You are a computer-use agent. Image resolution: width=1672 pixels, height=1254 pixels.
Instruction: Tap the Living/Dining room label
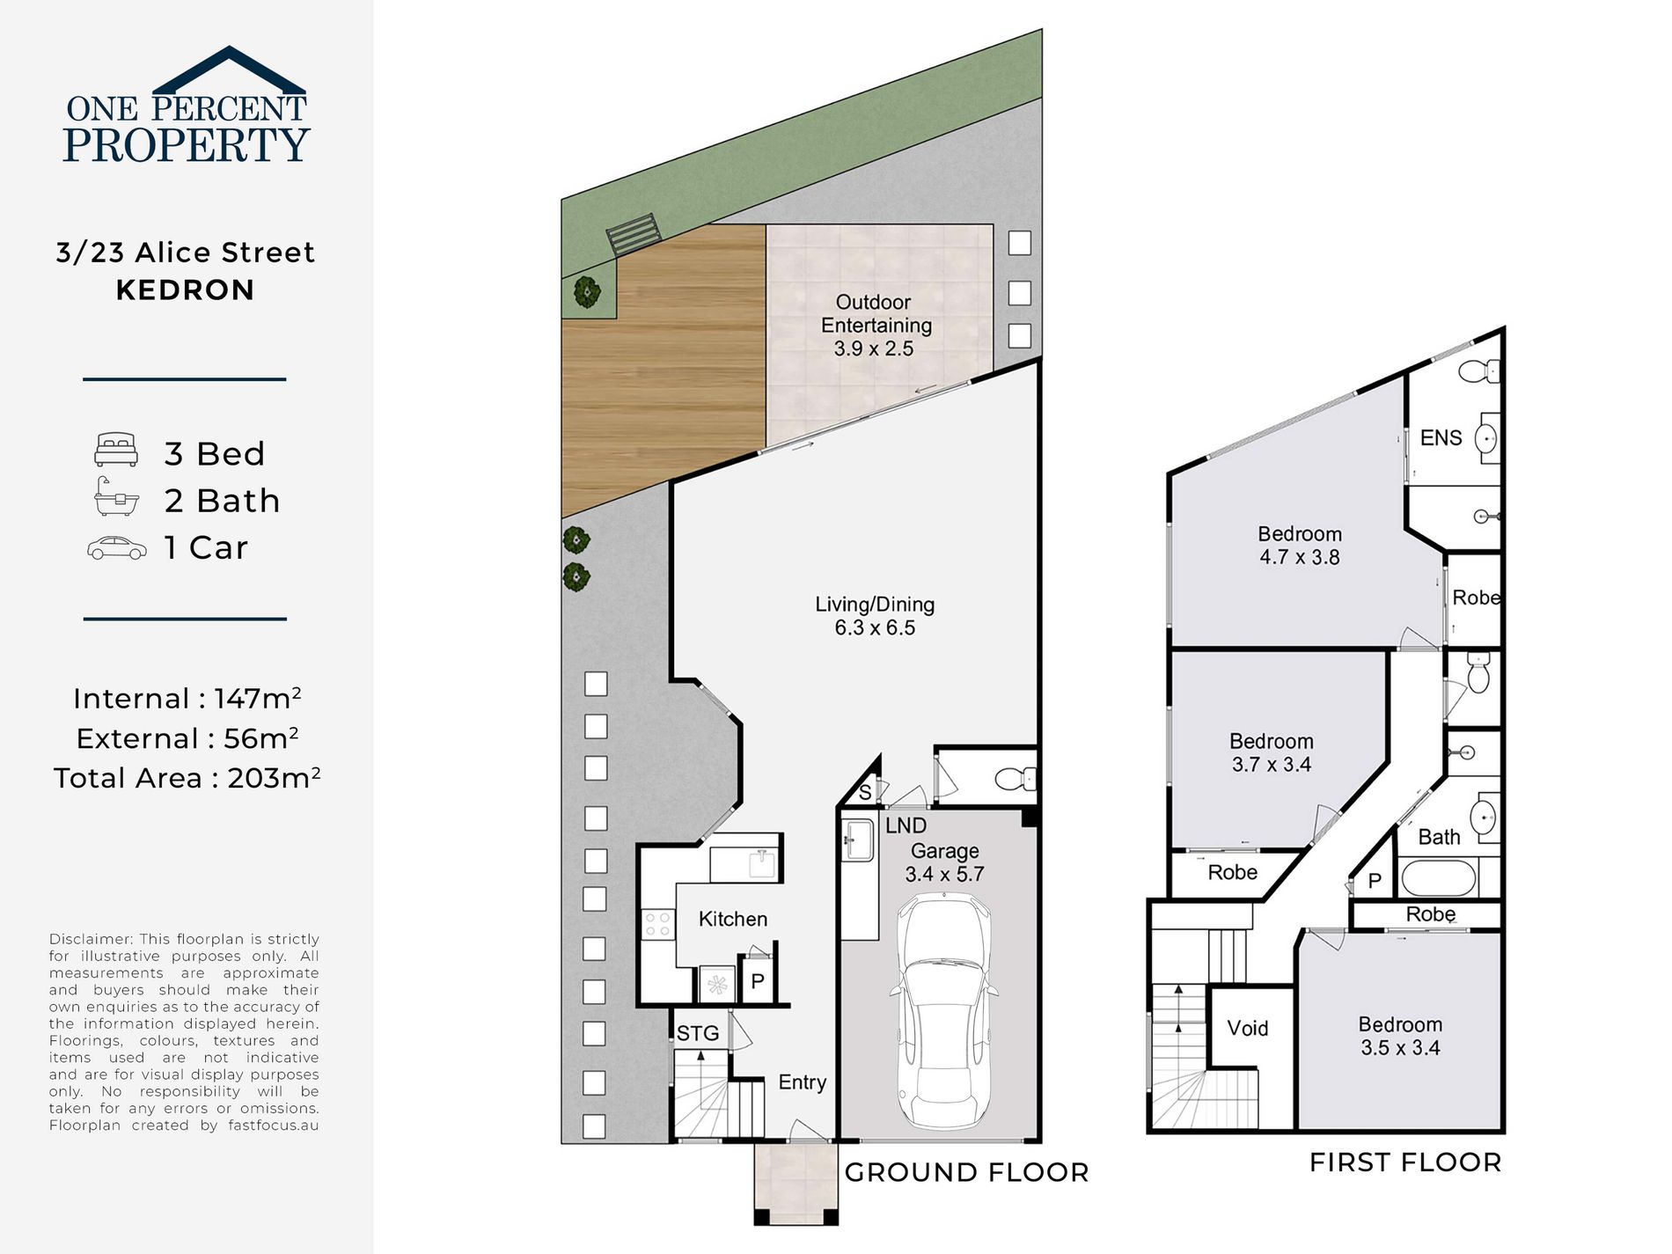coord(875,616)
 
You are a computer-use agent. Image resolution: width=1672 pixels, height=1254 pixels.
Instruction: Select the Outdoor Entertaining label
coord(875,325)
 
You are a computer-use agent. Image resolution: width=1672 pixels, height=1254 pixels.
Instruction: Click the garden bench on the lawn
coord(633,235)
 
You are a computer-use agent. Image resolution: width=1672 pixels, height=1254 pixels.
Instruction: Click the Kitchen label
coord(733,919)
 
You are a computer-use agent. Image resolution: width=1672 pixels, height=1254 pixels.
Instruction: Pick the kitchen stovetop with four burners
coord(658,924)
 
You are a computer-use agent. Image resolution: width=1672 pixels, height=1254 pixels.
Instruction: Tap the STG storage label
coord(698,1033)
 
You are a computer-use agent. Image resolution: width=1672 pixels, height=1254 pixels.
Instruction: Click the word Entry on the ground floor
coord(803,1082)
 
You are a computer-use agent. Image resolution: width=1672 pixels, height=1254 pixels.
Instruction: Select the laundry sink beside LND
coord(857,840)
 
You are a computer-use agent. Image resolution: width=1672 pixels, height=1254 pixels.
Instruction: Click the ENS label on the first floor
coord(1441,437)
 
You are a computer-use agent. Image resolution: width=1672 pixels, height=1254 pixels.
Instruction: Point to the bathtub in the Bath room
coord(1438,878)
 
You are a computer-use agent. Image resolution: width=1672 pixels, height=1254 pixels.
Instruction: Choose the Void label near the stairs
coord(1248,1028)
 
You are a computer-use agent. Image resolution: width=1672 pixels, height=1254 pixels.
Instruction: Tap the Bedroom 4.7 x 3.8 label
coord(1300,546)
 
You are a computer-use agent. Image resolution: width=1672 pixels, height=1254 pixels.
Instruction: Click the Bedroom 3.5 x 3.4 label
coord(1400,1036)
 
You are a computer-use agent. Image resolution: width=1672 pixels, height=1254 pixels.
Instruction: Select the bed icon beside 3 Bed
coord(116,450)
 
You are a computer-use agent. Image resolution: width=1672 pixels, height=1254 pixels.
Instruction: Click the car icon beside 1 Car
coord(117,548)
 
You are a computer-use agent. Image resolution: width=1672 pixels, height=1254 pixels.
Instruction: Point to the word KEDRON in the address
coord(185,290)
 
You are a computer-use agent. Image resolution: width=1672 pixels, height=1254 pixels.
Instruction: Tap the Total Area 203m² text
coord(187,778)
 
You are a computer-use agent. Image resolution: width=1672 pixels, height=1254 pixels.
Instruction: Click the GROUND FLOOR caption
coord(967,1172)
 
